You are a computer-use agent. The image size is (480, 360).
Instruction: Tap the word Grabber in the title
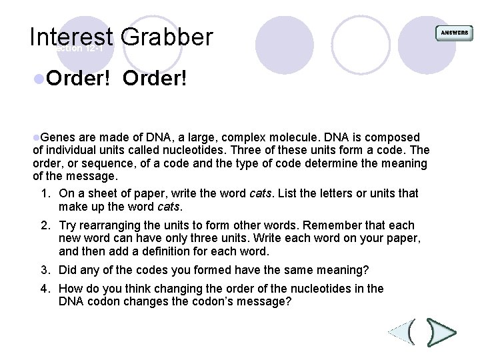tap(167, 37)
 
